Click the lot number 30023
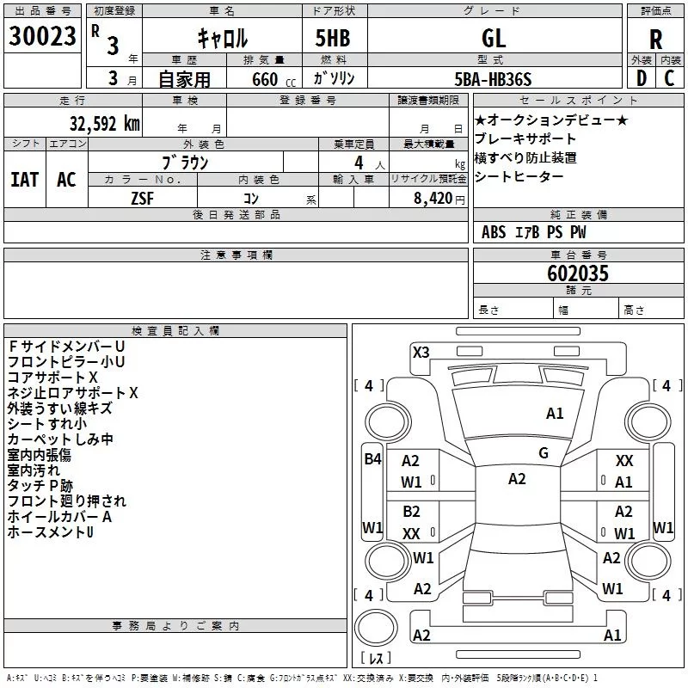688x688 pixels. click(43, 37)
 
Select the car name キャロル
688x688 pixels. click(223, 37)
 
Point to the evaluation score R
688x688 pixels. click(656, 40)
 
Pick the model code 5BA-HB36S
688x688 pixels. click(494, 79)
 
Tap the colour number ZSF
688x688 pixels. click(142, 197)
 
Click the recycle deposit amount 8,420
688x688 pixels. click(439, 197)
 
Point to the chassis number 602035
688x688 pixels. click(578, 273)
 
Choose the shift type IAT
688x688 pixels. click(24, 180)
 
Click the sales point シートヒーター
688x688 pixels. click(519, 177)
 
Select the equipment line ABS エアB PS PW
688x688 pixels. click(534, 232)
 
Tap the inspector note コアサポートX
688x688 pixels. click(53, 377)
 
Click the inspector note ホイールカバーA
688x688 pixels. click(60, 517)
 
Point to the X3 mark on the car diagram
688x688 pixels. click(421, 352)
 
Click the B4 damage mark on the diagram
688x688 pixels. click(372, 458)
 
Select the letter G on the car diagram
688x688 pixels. click(544, 453)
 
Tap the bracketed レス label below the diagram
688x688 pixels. click(376, 658)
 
